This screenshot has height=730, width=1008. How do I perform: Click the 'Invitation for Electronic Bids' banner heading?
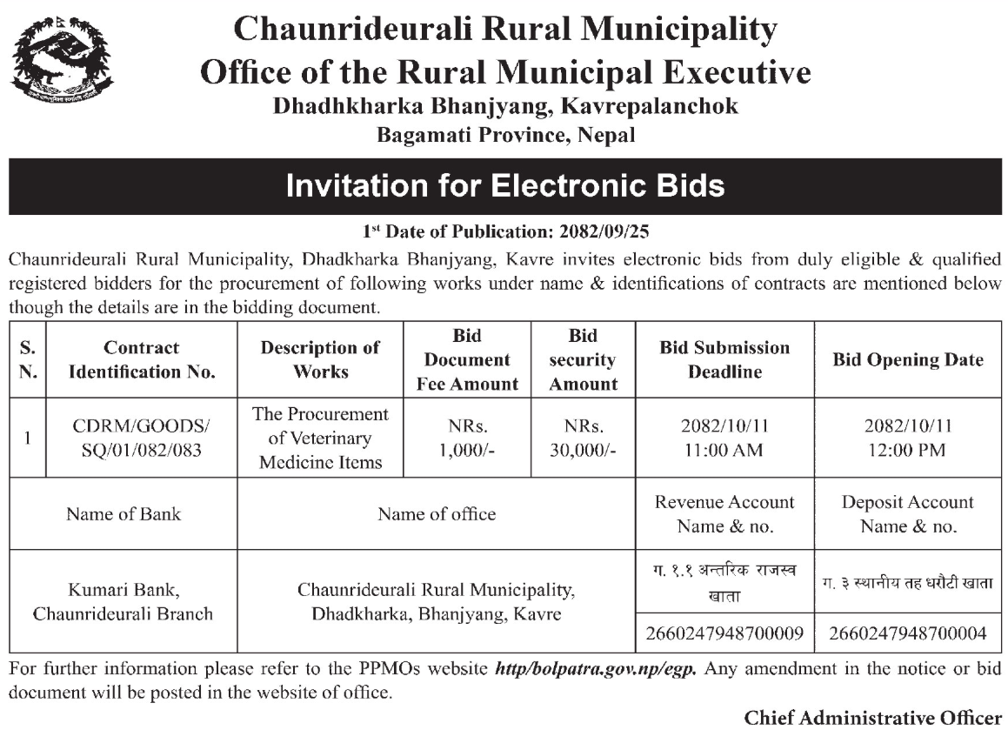click(504, 185)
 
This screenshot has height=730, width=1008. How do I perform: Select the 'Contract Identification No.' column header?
click(141, 359)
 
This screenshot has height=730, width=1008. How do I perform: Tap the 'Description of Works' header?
click(320, 359)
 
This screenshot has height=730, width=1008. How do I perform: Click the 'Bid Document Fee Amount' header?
click(467, 359)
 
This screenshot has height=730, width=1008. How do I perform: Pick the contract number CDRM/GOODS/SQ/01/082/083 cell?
click(141, 438)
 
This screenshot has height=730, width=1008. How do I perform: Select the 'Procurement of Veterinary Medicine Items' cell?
click(320, 438)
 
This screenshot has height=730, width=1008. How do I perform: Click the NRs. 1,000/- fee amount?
click(467, 438)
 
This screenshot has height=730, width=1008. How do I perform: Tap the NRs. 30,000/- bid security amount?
click(583, 438)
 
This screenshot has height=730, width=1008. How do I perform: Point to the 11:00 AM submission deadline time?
click(724, 451)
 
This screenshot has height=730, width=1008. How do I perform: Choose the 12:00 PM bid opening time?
click(908, 451)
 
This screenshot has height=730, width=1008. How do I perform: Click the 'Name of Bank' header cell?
click(123, 513)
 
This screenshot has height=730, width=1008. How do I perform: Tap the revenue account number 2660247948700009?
click(724, 633)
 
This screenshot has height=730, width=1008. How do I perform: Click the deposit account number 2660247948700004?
click(908, 633)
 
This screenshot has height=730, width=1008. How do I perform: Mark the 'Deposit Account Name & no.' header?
click(908, 513)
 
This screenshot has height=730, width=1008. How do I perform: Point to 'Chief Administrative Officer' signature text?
click(873, 718)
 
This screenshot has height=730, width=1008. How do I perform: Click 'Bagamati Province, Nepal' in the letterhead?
click(505, 135)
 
